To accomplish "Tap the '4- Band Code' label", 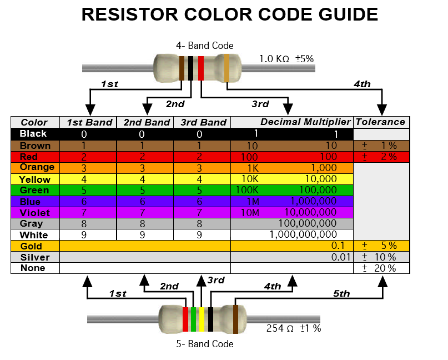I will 205,46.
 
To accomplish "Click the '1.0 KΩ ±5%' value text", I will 286,58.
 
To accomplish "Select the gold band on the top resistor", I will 226,68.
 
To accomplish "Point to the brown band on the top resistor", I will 182,68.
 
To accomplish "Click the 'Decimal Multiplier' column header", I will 305,122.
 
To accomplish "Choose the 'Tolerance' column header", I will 381,122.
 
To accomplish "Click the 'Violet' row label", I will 34,213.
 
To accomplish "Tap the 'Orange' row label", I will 37,167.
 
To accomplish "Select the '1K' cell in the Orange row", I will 246,168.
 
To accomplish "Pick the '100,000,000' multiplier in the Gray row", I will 309,224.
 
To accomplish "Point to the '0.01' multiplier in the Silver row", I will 341,257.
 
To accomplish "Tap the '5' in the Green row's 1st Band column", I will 84,191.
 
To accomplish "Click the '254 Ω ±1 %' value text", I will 293,328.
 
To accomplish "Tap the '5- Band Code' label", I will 205,344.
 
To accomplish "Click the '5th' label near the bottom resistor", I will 341,293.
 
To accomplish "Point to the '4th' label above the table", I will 362,84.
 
